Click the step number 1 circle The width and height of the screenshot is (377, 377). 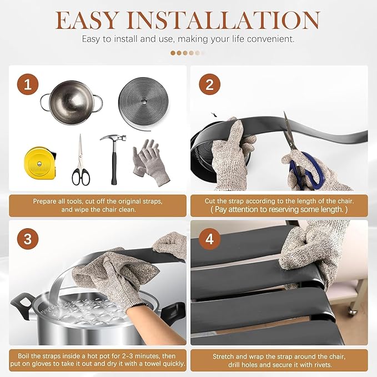pyautogui.click(x=28, y=84)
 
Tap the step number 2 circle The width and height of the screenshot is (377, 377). pyautogui.click(x=210, y=84)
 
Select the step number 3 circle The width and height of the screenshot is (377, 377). pyautogui.click(x=28, y=239)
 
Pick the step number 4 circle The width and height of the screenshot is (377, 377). pyautogui.click(x=210, y=239)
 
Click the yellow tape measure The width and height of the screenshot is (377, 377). pyautogui.click(x=40, y=163)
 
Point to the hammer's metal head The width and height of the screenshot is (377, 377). pyautogui.click(x=113, y=139)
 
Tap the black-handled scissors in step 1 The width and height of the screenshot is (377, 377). pyautogui.click(x=81, y=160)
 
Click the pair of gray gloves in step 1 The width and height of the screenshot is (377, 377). pyautogui.click(x=151, y=162)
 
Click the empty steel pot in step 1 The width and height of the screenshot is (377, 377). pyautogui.click(x=72, y=102)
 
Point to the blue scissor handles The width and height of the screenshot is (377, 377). pyautogui.click(x=306, y=170)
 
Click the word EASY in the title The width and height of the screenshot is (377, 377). pyautogui.click(x=87, y=20)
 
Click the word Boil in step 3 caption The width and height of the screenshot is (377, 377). pyautogui.click(x=23, y=356)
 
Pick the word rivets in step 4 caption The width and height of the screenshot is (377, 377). pyautogui.click(x=323, y=364)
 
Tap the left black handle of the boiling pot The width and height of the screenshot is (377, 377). pyautogui.click(x=21, y=305)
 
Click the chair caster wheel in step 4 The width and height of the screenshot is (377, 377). pyautogui.click(x=352, y=311)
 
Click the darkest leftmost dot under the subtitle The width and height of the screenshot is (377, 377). pyautogui.click(x=173, y=53)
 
